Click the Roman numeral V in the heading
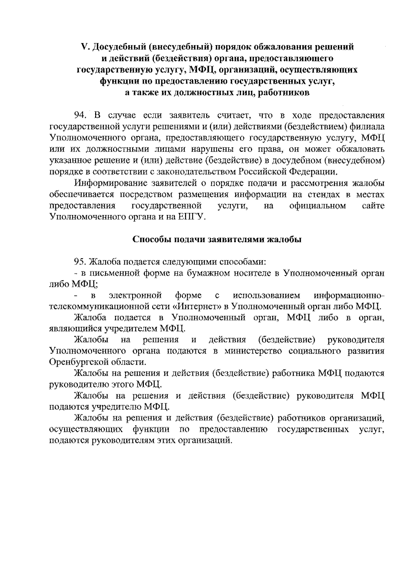pos(83,47)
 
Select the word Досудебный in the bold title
pos(113,47)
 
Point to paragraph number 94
pos(82,115)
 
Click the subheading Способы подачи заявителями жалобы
pos(217,240)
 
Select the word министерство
pos(248,351)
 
